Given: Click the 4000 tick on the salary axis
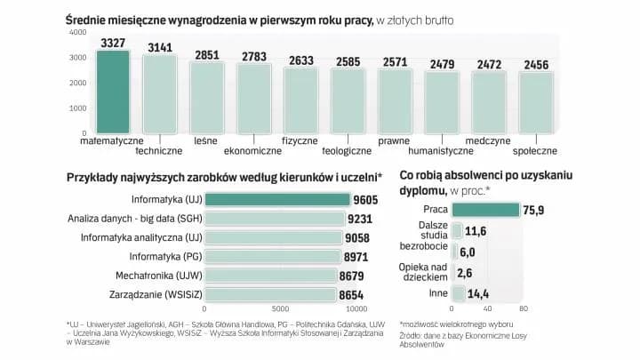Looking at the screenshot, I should pos(77,33).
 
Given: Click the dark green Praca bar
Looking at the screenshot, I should pos(485,211).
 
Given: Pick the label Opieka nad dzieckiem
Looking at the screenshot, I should pos(425,272).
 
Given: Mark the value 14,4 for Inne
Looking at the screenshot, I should pos(481,294).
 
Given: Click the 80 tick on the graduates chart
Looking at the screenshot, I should pos(523,309).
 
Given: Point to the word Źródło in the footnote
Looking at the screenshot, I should pos(415,336).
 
